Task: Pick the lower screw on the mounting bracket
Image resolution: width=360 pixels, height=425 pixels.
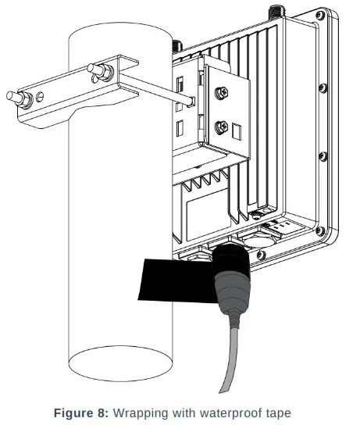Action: click(x=220, y=125)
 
